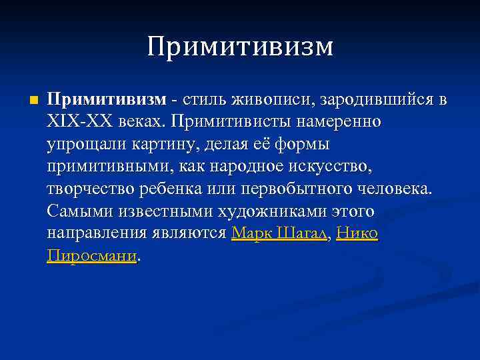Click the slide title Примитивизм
(239, 47)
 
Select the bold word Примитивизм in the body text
(106, 100)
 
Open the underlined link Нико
(357, 233)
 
